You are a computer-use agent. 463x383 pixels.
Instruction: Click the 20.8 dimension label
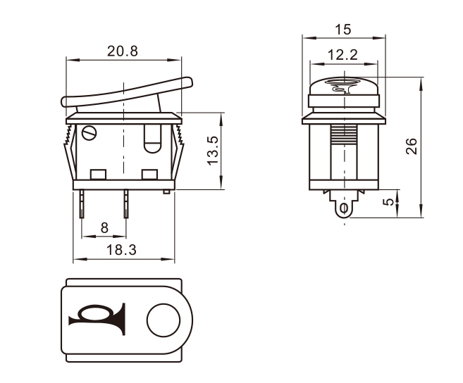(123, 51)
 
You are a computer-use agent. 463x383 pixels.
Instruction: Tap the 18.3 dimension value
(121, 250)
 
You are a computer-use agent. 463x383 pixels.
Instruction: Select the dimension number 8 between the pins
(104, 228)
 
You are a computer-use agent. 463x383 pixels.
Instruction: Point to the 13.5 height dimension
(213, 151)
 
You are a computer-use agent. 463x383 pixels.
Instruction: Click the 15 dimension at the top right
(343, 30)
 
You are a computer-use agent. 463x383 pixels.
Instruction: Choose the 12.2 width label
(342, 55)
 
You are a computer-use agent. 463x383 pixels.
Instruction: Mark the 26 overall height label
(412, 146)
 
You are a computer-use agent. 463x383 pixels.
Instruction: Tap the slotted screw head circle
(89, 133)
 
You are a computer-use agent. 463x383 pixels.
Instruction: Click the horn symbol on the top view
(97, 319)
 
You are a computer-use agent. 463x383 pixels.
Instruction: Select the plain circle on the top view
(163, 320)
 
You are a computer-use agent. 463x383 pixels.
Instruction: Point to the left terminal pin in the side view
(82, 203)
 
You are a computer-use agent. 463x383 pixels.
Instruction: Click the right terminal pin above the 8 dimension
(126, 203)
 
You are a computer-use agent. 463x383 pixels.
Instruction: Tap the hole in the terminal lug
(344, 208)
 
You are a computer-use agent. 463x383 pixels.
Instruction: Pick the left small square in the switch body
(98, 175)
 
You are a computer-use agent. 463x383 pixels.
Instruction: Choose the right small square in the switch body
(149, 175)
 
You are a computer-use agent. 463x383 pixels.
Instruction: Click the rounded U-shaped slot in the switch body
(152, 139)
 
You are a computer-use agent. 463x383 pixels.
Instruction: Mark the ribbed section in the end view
(344, 134)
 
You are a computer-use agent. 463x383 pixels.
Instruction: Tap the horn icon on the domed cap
(342, 85)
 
